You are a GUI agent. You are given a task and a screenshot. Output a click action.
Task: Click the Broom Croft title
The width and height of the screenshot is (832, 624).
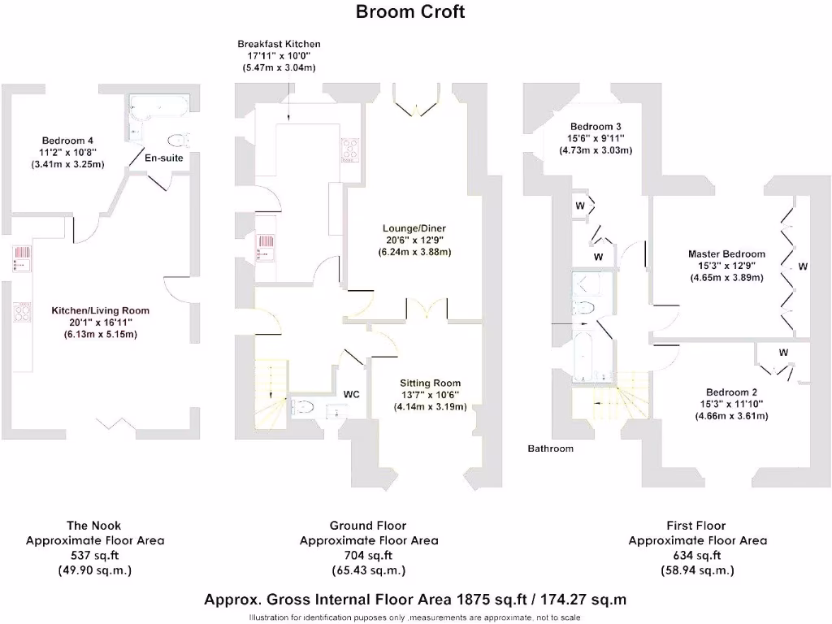(x=410, y=11)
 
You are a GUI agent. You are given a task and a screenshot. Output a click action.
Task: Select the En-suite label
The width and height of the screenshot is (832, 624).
(x=163, y=158)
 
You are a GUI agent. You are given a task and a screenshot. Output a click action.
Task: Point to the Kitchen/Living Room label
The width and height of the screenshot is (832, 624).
(x=100, y=310)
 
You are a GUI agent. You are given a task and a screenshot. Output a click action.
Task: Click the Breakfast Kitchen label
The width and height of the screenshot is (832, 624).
(x=279, y=44)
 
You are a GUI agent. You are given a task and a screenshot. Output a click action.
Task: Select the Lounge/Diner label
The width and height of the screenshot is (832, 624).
(x=414, y=228)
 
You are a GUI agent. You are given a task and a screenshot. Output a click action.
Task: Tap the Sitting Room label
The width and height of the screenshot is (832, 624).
(x=430, y=383)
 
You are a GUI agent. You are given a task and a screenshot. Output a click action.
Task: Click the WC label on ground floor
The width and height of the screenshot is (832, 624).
(x=352, y=394)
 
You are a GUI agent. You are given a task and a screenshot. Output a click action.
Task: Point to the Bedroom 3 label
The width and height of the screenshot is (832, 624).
(x=596, y=127)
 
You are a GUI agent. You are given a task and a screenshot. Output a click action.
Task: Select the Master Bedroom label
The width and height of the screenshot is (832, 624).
(x=726, y=254)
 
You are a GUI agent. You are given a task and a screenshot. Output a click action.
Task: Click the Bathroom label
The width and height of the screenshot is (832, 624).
(x=550, y=448)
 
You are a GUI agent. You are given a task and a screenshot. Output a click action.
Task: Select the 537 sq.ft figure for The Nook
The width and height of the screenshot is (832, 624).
(x=94, y=556)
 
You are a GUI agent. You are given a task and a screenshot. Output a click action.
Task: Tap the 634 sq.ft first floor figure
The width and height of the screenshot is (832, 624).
(x=696, y=556)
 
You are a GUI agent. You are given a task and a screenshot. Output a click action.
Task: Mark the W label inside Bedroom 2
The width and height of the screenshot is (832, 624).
(x=783, y=353)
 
